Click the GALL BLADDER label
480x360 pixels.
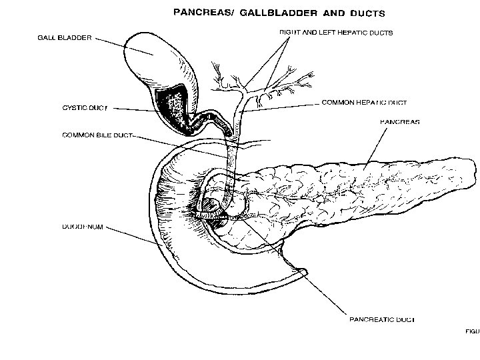[65, 37]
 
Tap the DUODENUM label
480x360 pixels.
[83, 227]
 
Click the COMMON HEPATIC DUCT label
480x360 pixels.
[363, 103]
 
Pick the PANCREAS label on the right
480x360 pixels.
[399, 122]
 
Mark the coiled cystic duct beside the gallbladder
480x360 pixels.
[212, 120]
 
